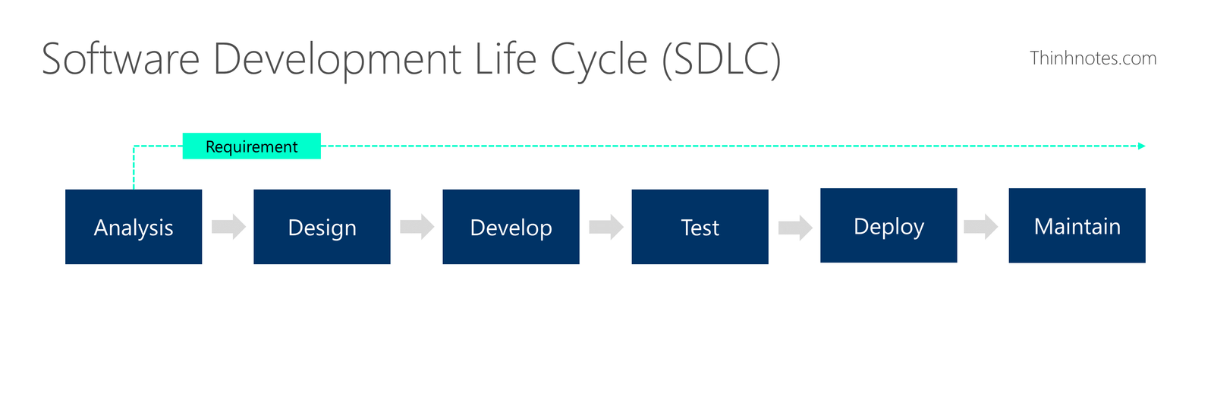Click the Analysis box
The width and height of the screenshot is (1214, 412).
coord(134,227)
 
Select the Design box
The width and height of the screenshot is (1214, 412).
coord(322,227)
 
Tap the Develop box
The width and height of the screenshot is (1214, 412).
coord(511,227)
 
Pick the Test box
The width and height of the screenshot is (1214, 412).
coord(700,227)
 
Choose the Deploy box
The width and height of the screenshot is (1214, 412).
coord(888,225)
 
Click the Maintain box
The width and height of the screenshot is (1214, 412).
coord(1077,225)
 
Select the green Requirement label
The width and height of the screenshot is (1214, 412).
coord(251,146)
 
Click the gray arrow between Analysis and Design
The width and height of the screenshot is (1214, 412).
coord(228,227)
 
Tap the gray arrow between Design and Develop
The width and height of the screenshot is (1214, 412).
coord(417,227)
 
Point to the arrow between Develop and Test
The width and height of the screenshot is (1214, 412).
coord(606,227)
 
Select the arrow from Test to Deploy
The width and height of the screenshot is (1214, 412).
coord(795,227)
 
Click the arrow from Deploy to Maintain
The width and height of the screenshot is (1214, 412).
coord(980,227)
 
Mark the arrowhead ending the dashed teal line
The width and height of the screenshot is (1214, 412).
coord(1141,146)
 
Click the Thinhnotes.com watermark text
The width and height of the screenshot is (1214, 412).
coord(1093,58)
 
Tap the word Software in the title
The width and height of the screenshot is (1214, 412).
coord(121,58)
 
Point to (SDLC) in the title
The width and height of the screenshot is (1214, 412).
coord(721,60)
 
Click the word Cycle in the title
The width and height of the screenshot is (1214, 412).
coord(599,61)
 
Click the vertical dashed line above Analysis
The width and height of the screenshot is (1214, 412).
coord(134,168)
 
